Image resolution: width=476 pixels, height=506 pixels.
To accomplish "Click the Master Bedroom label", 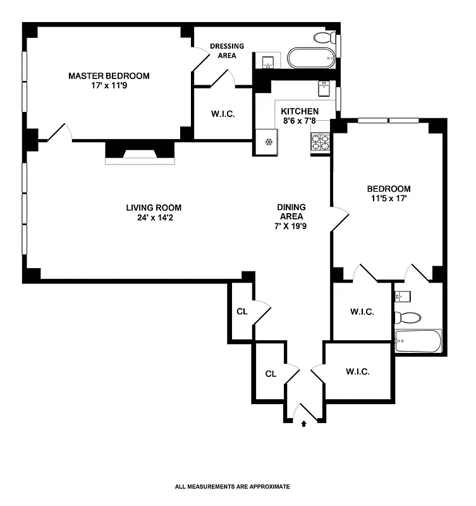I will tap(109, 76).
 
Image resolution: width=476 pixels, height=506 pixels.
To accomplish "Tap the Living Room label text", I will tap(154, 207).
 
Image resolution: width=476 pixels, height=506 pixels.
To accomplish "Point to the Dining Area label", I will tap(291, 211).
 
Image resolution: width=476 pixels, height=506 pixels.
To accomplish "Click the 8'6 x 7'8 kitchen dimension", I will tap(300, 123).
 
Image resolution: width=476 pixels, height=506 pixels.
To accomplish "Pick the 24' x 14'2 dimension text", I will tap(154, 219).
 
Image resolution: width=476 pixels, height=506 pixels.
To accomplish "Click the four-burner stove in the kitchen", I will tap(320, 143).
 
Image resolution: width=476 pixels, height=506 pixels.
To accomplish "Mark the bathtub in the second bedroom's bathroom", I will tap(417, 342).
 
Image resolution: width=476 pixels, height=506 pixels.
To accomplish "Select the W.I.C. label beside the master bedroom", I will tap(223, 114).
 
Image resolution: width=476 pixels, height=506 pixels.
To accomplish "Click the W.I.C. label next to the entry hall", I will tap(357, 372).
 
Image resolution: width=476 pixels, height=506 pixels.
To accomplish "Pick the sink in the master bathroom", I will tap(268, 61).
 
